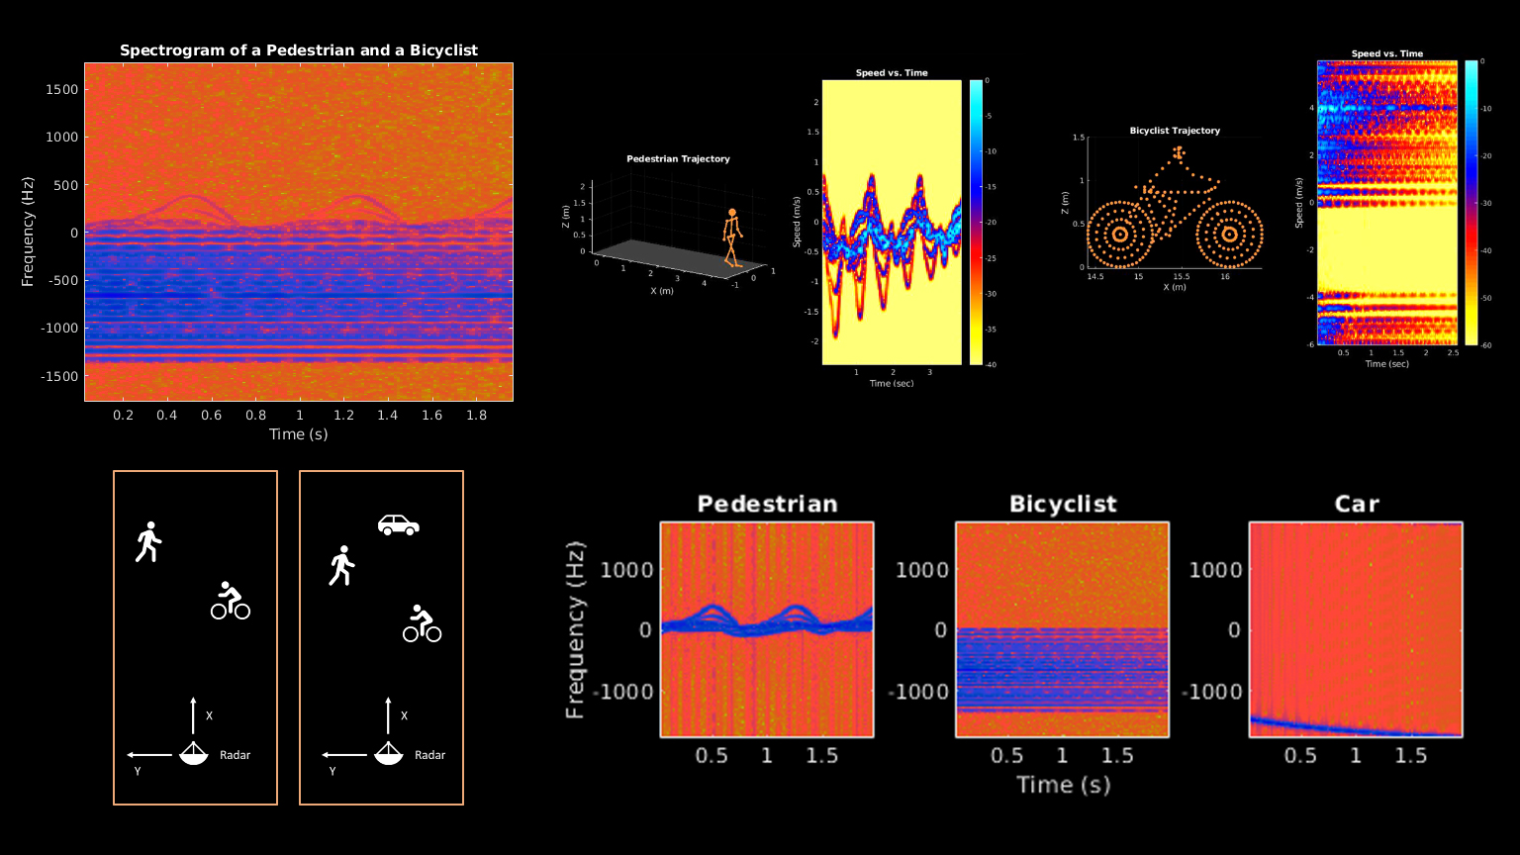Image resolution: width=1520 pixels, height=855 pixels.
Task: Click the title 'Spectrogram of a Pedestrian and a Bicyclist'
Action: (299, 50)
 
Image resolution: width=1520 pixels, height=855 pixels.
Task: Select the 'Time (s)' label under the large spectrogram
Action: (299, 434)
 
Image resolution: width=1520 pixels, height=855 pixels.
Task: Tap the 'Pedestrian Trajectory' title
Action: (678, 159)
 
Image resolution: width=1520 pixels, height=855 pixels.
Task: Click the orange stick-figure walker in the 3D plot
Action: (731, 237)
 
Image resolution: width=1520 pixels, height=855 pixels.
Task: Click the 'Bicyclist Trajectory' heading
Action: (1175, 131)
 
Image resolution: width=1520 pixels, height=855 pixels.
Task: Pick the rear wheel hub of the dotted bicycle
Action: (1119, 235)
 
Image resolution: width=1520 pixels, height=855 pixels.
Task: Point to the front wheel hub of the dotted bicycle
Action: (1229, 235)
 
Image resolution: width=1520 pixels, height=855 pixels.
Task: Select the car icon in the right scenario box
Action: (399, 524)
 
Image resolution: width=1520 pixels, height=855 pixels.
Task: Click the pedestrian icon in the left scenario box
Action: (148, 541)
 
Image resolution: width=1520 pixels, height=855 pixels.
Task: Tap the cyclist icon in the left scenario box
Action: (230, 601)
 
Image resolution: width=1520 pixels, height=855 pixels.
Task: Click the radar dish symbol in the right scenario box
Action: (387, 754)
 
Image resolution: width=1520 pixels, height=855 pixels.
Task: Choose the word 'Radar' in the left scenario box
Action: (236, 755)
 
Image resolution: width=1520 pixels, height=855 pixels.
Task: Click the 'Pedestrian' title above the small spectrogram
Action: (767, 504)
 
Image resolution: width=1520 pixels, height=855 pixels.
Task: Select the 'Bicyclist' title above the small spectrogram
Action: (1063, 504)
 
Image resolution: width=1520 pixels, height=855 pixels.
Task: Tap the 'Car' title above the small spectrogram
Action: (1356, 504)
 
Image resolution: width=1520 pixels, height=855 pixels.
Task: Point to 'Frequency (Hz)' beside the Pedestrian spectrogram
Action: (576, 629)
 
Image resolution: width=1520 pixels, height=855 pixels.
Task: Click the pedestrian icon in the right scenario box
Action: (341, 565)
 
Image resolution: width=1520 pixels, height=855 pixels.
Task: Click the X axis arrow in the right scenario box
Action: (387, 714)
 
